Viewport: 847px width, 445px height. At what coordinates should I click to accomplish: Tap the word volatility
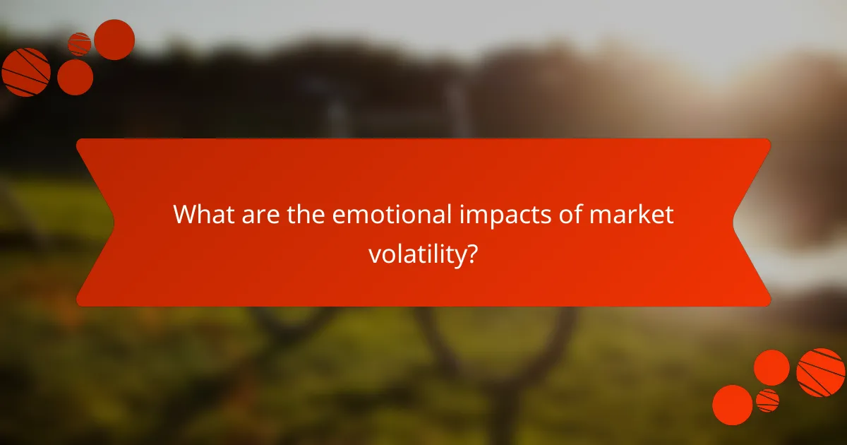point(415,254)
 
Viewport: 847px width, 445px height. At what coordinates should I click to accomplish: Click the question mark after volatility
point(471,253)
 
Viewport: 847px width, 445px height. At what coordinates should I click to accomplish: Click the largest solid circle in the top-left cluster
point(114,40)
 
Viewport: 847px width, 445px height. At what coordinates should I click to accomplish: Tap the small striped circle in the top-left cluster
point(79,44)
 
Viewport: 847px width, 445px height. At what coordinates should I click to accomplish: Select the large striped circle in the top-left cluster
point(26,72)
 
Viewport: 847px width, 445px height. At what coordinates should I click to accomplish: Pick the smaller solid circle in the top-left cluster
point(75,77)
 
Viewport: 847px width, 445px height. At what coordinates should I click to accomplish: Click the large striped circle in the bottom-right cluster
point(821,372)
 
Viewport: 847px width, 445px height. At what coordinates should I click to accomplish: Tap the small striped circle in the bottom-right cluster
point(767,400)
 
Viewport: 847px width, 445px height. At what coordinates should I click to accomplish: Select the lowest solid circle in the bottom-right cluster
point(732,405)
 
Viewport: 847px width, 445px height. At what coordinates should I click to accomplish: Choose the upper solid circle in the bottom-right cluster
point(771,367)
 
